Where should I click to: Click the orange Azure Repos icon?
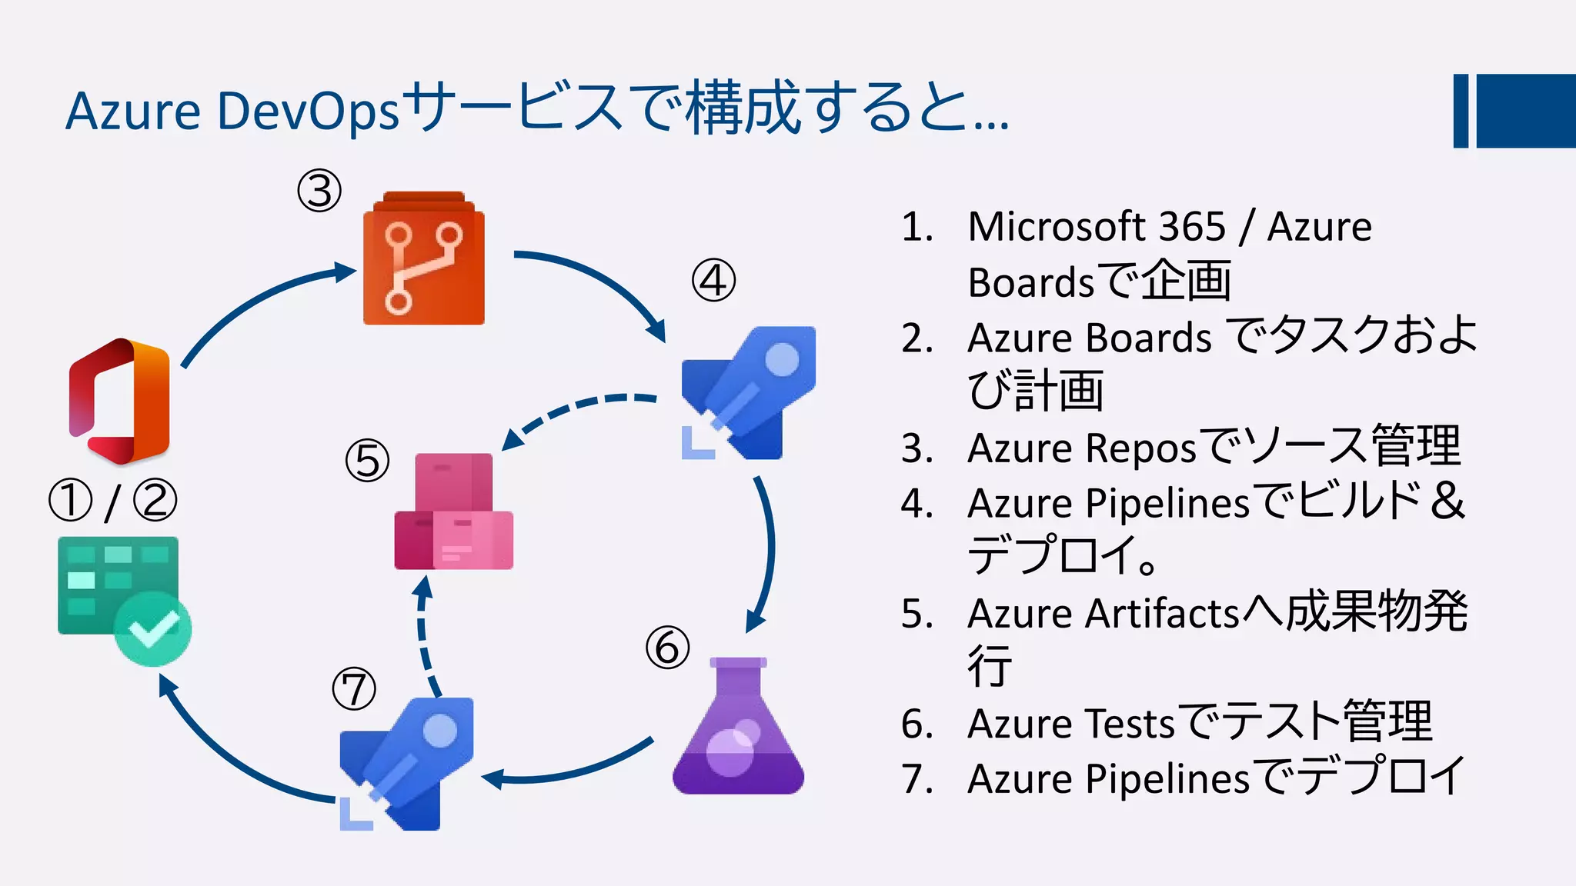(423, 259)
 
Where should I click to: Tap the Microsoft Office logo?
(119, 401)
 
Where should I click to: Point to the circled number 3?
(319, 192)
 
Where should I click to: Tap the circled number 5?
(367, 461)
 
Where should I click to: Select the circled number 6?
(667, 647)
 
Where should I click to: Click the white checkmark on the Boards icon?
(153, 629)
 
